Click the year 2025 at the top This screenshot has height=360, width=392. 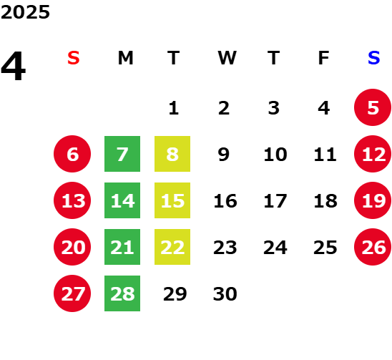coord(25,12)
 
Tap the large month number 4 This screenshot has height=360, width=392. coord(13,66)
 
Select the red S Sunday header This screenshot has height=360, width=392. coord(74,58)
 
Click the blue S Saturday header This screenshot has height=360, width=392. coord(373,58)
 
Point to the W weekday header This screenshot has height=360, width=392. coord(227,58)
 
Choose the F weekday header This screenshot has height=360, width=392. coord(324,58)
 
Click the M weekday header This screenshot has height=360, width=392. coord(125,58)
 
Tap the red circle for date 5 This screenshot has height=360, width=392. coord(373,107)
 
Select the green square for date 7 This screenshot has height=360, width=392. coord(122,154)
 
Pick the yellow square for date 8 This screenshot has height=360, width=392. coord(172,154)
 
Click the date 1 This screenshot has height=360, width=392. coord(174,108)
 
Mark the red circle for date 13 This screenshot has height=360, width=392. coord(72,200)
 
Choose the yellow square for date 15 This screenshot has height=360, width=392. coord(172,200)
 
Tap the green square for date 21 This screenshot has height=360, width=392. coord(122,247)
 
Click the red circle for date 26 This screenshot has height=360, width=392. coord(373,247)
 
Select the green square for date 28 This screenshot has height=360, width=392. coord(122,293)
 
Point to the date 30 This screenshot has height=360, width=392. coord(225,294)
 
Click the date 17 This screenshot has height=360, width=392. coord(275,201)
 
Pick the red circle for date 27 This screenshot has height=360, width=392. coord(72,293)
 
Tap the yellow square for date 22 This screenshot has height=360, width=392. coord(172,247)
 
